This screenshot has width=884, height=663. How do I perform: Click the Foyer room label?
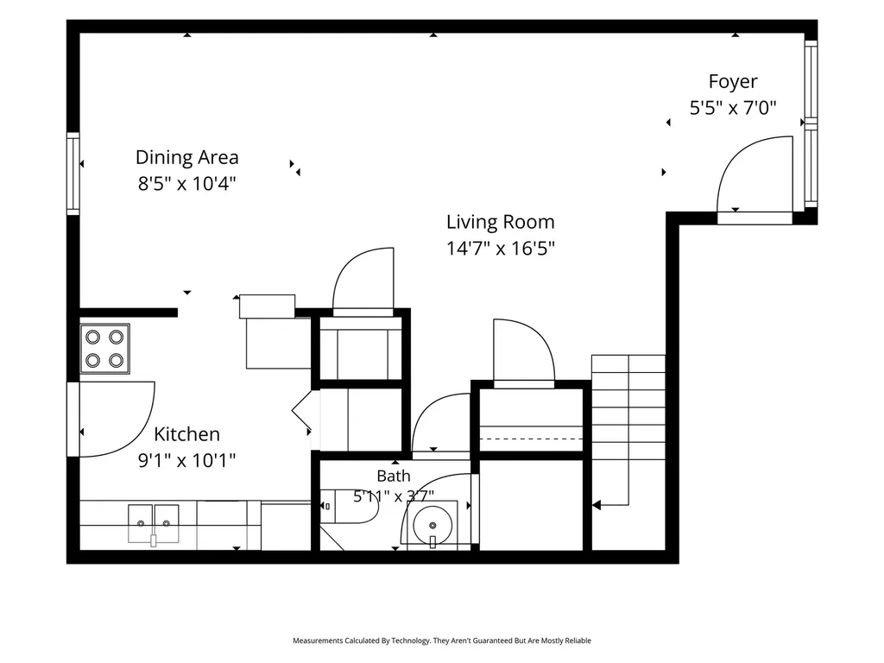tap(732, 82)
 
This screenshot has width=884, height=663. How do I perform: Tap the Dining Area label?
tap(187, 157)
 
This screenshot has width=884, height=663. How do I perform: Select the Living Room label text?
tap(501, 222)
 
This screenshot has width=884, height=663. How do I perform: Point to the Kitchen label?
tap(186, 434)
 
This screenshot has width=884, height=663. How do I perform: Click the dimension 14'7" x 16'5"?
tap(501, 248)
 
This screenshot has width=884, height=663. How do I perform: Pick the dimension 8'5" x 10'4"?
tap(187, 183)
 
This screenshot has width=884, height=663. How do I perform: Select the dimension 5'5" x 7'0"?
tap(733, 107)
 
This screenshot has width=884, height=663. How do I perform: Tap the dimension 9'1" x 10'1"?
tap(186, 461)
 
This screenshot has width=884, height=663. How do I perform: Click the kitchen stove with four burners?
tap(104, 349)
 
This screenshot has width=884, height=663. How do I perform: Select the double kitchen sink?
tap(154, 524)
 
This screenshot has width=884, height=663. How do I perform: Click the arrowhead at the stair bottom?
tap(596, 506)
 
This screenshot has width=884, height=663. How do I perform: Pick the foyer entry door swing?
tap(755, 174)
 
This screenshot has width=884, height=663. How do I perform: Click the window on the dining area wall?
tap(73, 174)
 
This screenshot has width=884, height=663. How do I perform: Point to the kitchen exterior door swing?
tap(117, 419)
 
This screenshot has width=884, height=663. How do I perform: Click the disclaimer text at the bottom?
tap(442, 641)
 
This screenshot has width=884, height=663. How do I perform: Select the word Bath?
tap(394, 477)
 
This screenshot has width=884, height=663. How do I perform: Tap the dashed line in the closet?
tap(531, 439)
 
